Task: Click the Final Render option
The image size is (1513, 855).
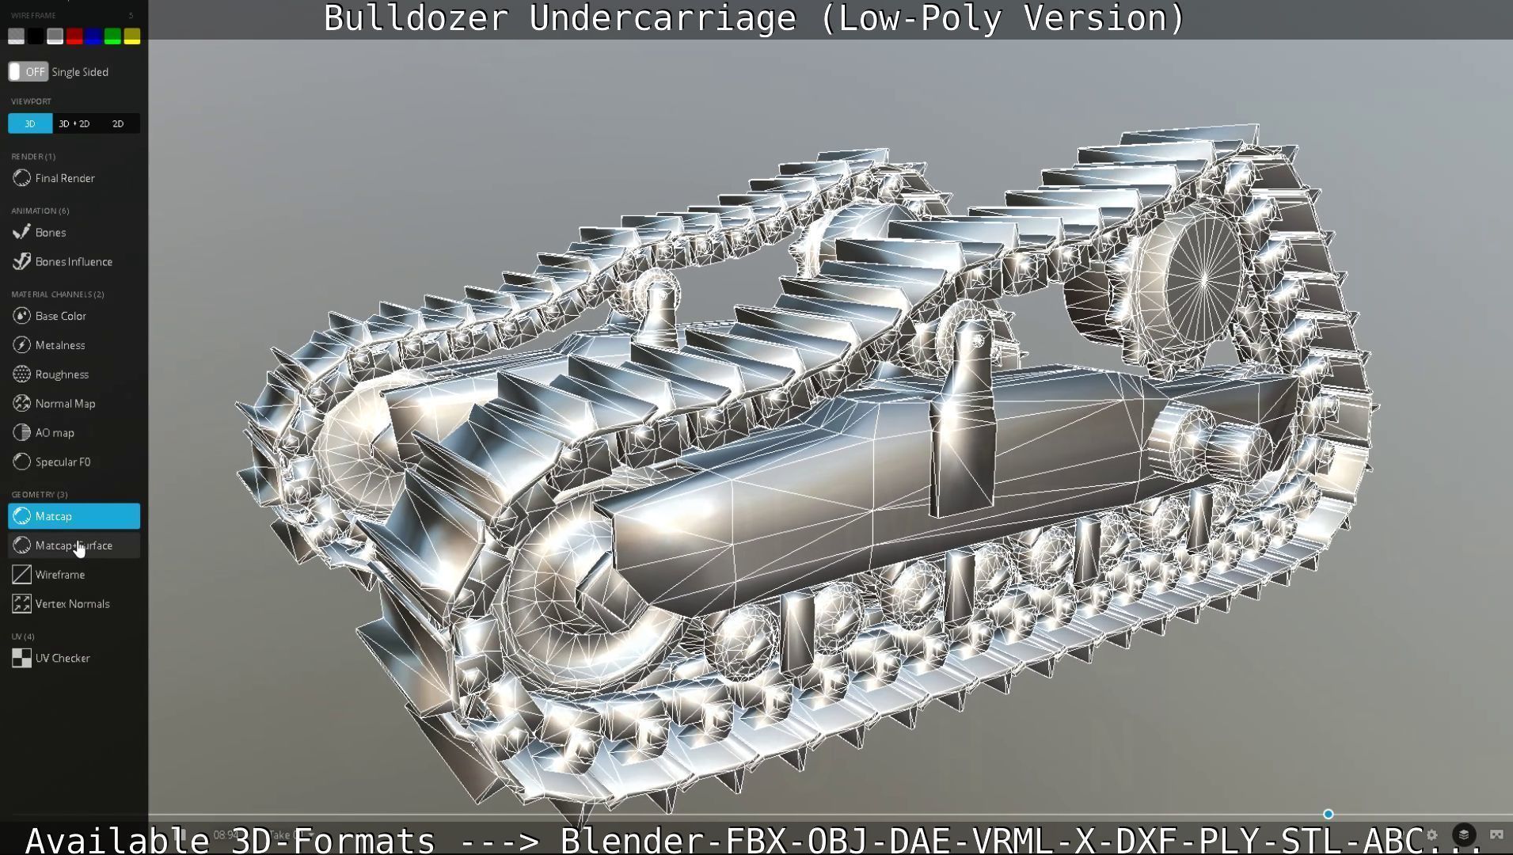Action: [64, 178]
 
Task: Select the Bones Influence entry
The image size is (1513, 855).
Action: [73, 262]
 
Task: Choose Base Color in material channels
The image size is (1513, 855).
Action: [60, 316]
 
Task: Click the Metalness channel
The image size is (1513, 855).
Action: [59, 345]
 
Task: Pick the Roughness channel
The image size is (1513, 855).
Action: [61, 374]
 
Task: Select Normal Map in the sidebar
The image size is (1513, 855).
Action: [64, 404]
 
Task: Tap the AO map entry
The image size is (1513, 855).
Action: [54, 433]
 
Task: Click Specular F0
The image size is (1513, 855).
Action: [62, 462]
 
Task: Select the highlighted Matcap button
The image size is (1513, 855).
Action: [74, 516]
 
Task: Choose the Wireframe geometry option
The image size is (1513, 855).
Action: [59, 575]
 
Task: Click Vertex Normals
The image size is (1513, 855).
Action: [71, 604]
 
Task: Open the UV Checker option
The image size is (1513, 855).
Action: [62, 659]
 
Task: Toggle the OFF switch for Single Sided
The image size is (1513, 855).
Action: [29, 72]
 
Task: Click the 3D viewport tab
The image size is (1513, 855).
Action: [30, 123]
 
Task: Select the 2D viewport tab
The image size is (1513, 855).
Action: [118, 123]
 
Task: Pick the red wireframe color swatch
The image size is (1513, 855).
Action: [74, 36]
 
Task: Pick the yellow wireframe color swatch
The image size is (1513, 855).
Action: [131, 36]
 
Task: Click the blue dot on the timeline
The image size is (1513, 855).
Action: [1328, 814]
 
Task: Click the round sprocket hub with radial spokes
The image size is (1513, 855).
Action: [1203, 279]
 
